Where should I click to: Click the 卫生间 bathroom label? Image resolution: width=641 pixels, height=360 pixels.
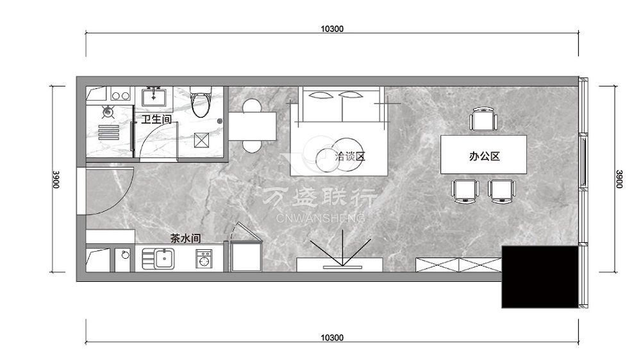pyautogui.click(x=156, y=119)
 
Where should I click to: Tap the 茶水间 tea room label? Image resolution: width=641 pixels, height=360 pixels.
pyautogui.click(x=186, y=238)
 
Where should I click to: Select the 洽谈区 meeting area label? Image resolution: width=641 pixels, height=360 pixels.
pyautogui.click(x=349, y=156)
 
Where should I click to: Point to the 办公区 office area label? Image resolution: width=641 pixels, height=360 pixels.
pyautogui.click(x=485, y=156)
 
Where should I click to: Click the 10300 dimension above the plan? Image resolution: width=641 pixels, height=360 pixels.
pyautogui.click(x=332, y=29)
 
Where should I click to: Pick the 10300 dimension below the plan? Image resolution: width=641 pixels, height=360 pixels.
pyautogui.click(x=332, y=338)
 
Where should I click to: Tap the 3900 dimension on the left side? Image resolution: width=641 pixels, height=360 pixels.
pyautogui.click(x=56, y=179)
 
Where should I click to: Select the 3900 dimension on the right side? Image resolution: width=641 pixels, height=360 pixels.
pyautogui.click(x=619, y=179)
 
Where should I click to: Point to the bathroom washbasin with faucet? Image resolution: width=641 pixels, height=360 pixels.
pyautogui.click(x=153, y=97)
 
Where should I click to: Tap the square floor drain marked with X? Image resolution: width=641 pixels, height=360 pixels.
pyautogui.click(x=201, y=140)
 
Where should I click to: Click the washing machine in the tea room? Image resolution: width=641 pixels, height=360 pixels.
pyautogui.click(x=204, y=259)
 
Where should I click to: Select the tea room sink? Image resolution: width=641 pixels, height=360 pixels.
pyautogui.click(x=158, y=259)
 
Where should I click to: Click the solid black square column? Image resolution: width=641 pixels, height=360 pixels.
pyautogui.click(x=540, y=277)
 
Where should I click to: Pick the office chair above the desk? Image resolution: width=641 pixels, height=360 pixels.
pyautogui.click(x=483, y=119)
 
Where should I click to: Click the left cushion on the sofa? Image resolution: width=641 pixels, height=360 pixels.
pyautogui.click(x=321, y=95)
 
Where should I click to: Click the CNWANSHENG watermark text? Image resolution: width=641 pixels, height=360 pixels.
pyautogui.click(x=320, y=218)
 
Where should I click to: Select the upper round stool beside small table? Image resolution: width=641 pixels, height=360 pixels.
pyautogui.click(x=252, y=106)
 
